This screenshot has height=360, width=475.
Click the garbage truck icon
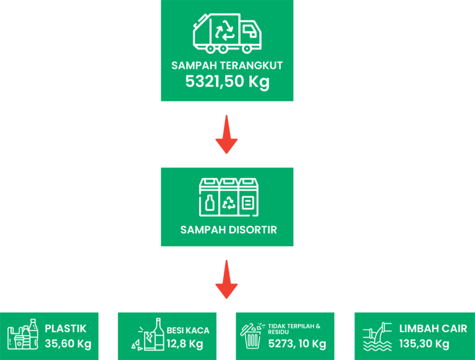coord(227,33)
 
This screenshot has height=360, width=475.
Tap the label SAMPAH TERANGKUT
coord(227,66)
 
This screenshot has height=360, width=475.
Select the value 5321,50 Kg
coord(227,82)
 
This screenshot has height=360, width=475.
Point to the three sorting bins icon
coord(227,197)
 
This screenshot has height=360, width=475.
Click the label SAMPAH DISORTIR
coord(228,230)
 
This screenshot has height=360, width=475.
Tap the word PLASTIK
coord(66,328)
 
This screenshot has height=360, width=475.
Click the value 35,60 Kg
coord(67,344)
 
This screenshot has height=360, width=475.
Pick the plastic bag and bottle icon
coord(24,336)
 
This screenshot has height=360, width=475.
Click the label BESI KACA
coord(188,330)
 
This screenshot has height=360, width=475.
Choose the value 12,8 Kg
coord(185,344)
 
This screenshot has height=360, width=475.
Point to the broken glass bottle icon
coord(148,336)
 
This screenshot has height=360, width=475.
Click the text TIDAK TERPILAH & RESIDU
coord(294,328)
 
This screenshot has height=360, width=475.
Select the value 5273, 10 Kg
coord(297,344)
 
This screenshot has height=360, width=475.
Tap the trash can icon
coord(252,336)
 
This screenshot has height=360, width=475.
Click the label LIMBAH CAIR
coord(433,328)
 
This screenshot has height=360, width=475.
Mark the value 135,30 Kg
coord(424,344)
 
